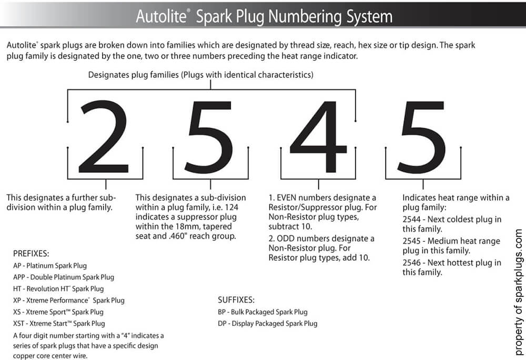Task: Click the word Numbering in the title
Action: tap(298, 16)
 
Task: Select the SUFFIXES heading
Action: tap(236, 300)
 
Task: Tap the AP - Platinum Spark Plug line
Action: tap(50, 265)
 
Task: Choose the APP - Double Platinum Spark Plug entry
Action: tap(64, 277)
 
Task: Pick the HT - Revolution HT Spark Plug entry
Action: tap(58, 289)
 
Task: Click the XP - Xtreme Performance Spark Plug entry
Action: tap(69, 300)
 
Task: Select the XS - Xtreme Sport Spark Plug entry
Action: tap(58, 312)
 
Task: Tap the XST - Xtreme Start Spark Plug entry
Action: tap(59, 323)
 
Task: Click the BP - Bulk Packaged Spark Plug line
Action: tap(262, 312)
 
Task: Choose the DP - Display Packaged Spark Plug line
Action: tap(267, 323)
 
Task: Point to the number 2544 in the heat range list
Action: tap(412, 219)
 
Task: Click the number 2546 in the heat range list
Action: tap(412, 262)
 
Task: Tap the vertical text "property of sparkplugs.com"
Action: tap(518, 292)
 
